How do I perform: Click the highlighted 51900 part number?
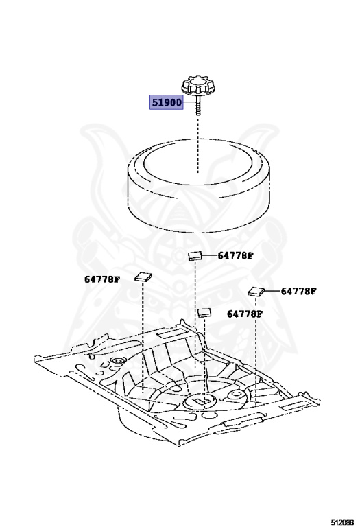click(167, 102)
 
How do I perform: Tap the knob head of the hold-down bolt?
click(198, 85)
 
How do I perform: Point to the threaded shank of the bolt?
click(198, 105)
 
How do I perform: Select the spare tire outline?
click(199, 185)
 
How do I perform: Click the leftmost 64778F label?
click(101, 279)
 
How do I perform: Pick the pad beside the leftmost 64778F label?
click(143, 277)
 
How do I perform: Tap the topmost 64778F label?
click(235, 255)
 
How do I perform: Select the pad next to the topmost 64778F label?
click(195, 256)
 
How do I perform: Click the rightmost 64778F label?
click(298, 291)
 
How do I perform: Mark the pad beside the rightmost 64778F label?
click(256, 292)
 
